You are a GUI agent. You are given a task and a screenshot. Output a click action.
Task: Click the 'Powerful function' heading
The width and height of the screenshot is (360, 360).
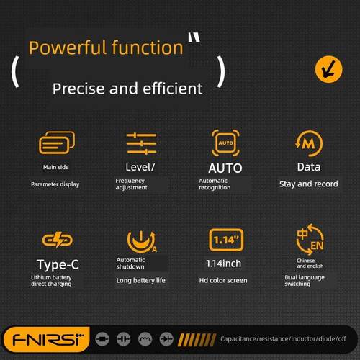tap(106, 48)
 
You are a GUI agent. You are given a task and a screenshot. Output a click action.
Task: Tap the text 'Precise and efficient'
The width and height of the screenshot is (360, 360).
tap(127, 89)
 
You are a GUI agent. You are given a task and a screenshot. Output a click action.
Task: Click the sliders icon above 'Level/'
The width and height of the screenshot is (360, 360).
tap(141, 143)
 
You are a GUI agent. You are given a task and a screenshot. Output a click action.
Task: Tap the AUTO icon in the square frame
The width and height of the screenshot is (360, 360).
tap(225, 143)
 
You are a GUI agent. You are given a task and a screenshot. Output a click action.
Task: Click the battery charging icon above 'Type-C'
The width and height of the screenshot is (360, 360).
tap(55, 240)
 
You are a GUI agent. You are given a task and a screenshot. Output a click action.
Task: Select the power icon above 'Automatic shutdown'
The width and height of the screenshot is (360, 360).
tap(141, 240)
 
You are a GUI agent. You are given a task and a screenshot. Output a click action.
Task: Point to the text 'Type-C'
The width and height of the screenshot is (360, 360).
tap(58, 264)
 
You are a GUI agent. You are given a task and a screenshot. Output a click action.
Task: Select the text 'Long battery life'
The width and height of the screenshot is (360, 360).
tap(144, 279)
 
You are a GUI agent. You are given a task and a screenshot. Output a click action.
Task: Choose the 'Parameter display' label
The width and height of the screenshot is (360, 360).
tap(55, 184)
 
